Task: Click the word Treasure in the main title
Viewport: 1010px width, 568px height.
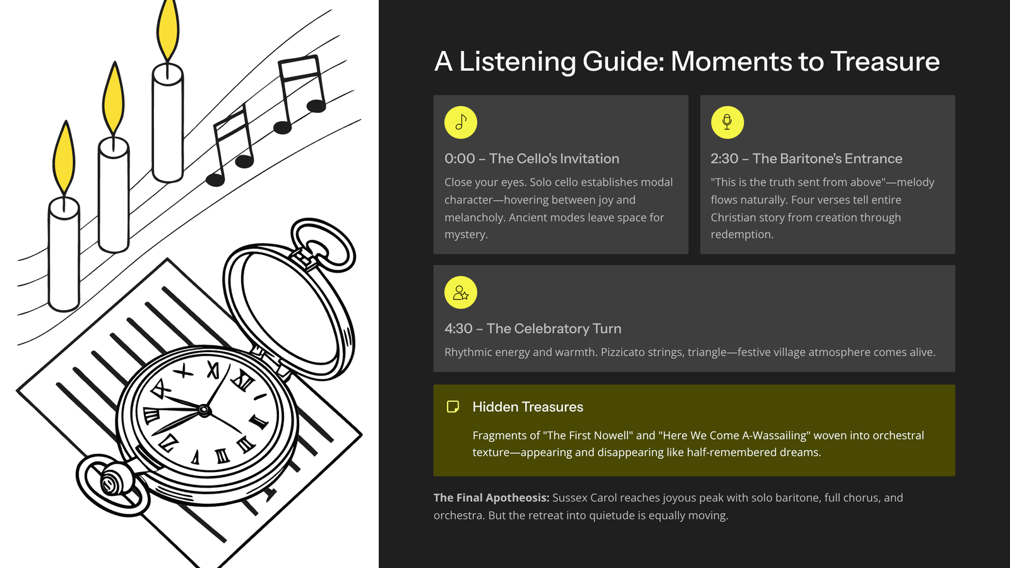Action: (x=885, y=61)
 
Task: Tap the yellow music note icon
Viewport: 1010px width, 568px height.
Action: (x=460, y=122)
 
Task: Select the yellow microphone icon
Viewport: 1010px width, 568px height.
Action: (x=727, y=122)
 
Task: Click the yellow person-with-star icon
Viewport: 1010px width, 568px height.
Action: (x=460, y=293)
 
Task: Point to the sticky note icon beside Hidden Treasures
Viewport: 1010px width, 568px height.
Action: (x=453, y=406)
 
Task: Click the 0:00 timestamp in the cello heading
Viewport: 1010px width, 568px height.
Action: (x=460, y=158)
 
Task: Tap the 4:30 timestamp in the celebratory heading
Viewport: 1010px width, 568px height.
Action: (x=458, y=329)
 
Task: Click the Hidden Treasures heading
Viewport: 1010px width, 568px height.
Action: (x=528, y=406)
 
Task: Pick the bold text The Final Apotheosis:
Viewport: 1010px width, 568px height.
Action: (x=492, y=498)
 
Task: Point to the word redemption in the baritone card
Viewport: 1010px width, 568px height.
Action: (x=742, y=234)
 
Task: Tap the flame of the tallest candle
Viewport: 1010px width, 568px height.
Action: (x=168, y=31)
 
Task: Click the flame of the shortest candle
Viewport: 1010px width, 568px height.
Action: (x=64, y=158)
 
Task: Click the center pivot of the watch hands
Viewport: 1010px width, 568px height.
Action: (x=204, y=410)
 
